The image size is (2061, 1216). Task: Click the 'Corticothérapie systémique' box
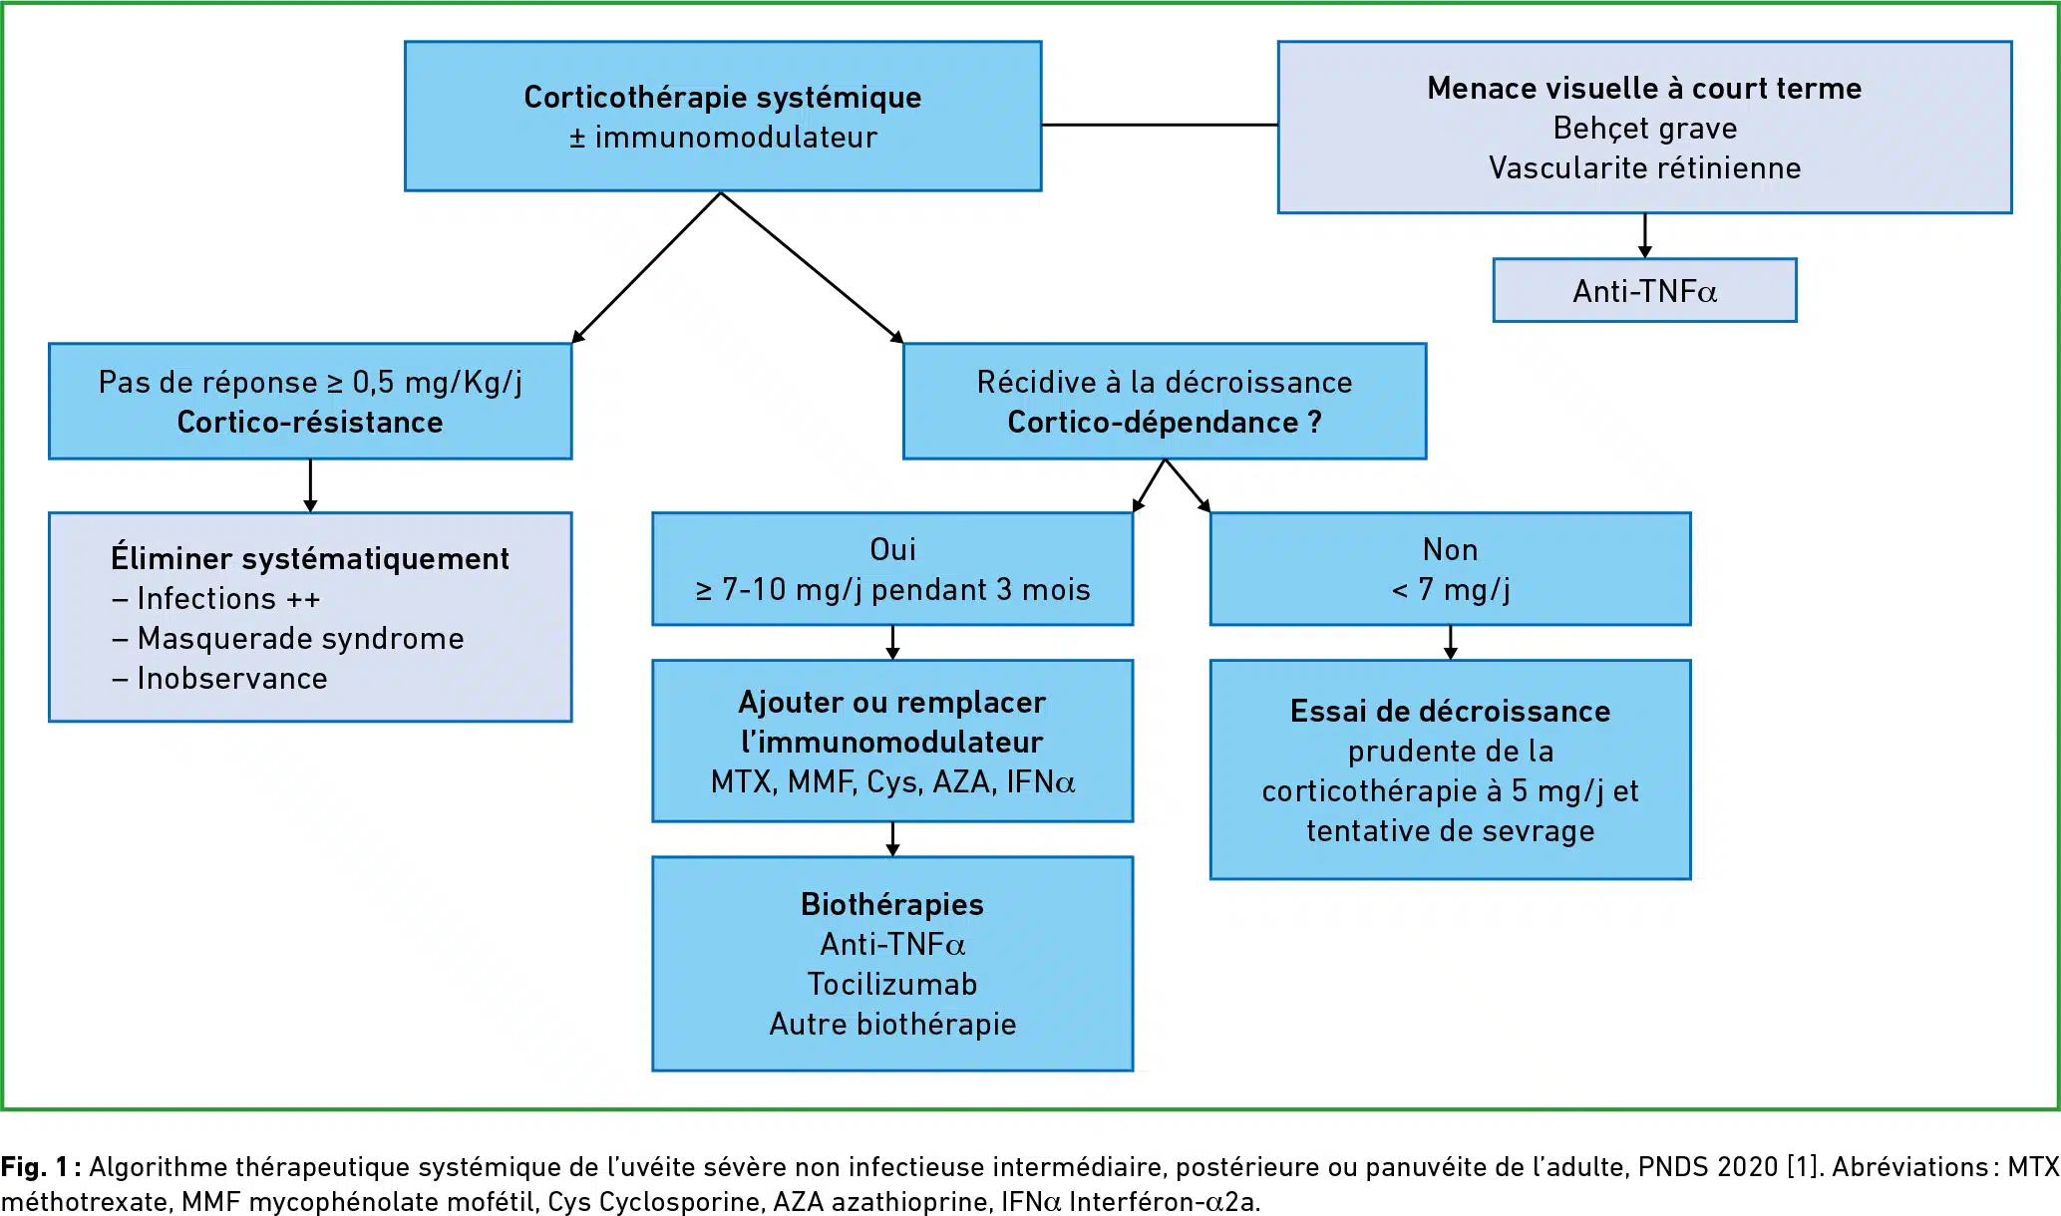click(723, 116)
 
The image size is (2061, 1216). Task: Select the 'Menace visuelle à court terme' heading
click(1644, 88)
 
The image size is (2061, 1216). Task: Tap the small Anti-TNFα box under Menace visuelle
click(1644, 290)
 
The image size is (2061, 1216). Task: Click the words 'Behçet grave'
click(1644, 129)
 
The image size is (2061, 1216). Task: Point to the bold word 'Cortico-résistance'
click(310, 422)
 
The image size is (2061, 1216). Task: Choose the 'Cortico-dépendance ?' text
click(1165, 422)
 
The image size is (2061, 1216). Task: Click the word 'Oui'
click(892, 549)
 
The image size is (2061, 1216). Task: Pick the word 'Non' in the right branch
click(1450, 549)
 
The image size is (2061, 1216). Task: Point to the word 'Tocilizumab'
click(892, 984)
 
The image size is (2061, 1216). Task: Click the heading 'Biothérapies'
click(892, 904)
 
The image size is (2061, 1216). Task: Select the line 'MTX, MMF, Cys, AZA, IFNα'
click(892, 781)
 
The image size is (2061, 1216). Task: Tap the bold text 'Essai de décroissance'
click(1450, 711)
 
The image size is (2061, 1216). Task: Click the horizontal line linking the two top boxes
click(1160, 125)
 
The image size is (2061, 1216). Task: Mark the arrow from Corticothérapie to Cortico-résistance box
click(646, 268)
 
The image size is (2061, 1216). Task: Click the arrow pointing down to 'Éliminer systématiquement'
click(310, 485)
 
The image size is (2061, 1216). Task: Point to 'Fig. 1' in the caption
click(35, 1167)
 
